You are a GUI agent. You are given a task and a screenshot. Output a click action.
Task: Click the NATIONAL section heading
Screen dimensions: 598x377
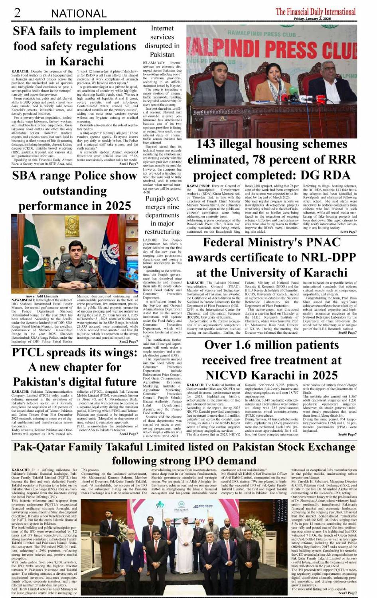tap(79, 14)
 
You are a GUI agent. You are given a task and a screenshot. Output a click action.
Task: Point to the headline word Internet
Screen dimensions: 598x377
tap(162, 28)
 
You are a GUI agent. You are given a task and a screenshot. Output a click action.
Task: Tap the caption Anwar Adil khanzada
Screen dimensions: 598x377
tap(43, 296)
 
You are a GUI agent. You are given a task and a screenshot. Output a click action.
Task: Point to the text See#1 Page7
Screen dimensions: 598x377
tap(128, 164)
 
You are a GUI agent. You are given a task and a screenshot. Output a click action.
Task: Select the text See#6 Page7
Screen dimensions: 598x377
tap(347, 435)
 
